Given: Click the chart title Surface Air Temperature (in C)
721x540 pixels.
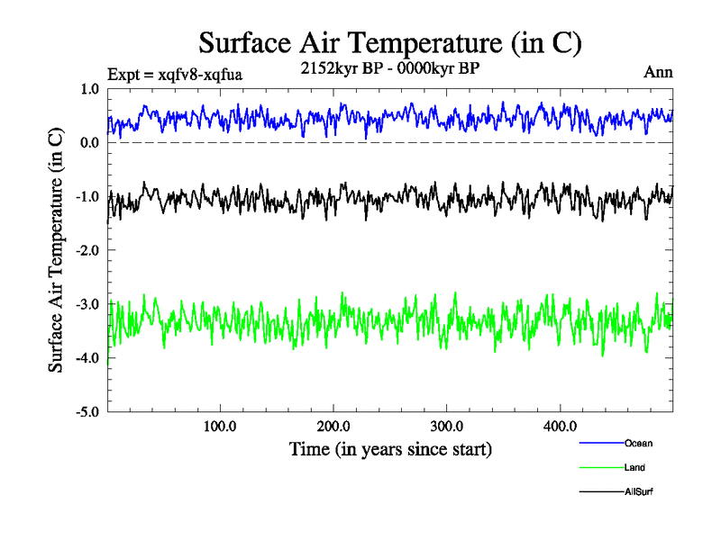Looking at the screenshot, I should pyautogui.click(x=389, y=42).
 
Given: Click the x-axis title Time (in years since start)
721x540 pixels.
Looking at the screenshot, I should pyautogui.click(x=390, y=447).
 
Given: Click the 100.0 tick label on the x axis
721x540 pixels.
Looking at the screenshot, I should pyautogui.click(x=220, y=426).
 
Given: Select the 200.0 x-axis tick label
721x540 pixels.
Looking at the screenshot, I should pyautogui.click(x=333, y=426).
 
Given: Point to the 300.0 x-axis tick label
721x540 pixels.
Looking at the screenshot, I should pyautogui.click(x=447, y=426).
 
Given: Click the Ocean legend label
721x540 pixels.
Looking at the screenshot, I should pyautogui.click(x=637, y=444).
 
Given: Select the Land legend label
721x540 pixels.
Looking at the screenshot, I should pyautogui.click(x=634, y=468).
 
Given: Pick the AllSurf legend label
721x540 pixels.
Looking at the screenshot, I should pyautogui.click(x=637, y=491).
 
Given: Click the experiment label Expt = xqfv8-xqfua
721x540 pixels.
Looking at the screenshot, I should pyautogui.click(x=175, y=75).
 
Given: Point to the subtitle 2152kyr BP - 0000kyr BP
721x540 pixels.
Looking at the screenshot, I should pyautogui.click(x=389, y=68).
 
